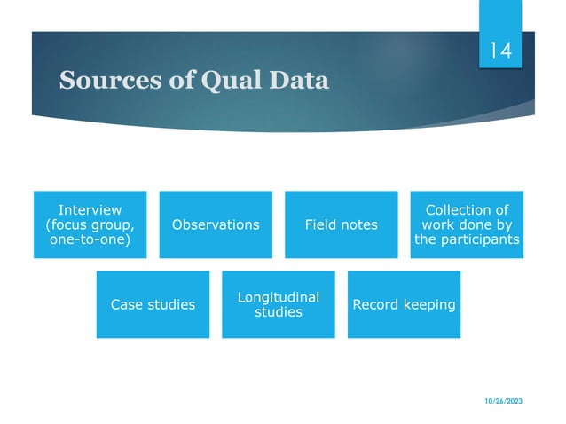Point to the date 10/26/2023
[504, 402]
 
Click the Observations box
[216, 225]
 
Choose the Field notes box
[341, 225]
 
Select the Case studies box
[153, 305]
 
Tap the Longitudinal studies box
[278, 305]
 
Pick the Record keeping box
[404, 305]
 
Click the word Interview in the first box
[90, 209]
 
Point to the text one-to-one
[90, 241]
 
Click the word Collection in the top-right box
[467, 209]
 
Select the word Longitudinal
[278, 297]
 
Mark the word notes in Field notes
[358, 225]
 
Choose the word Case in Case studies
[126, 305]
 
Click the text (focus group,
[90, 225]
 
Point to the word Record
[377, 305]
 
